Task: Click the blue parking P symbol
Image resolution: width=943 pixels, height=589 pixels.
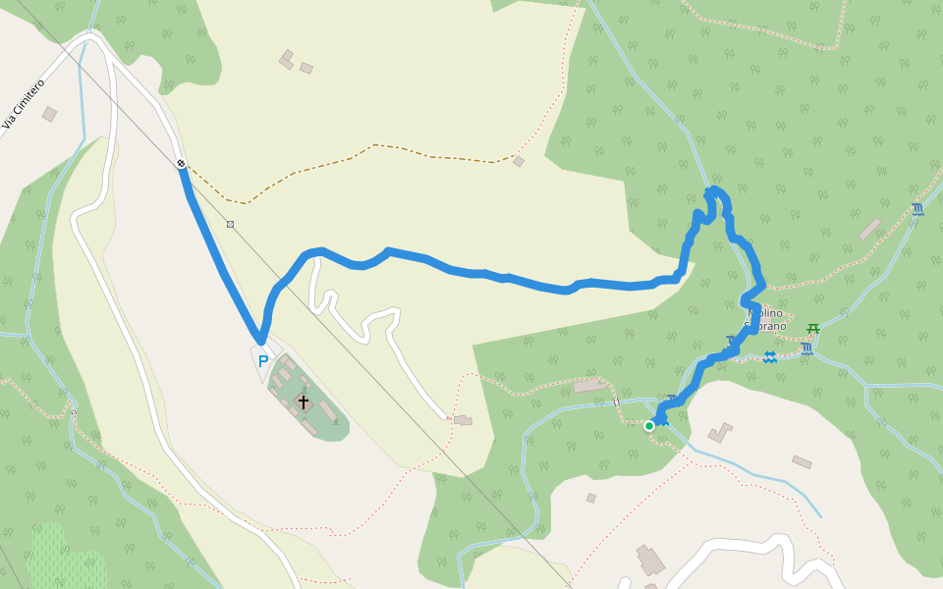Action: (263, 361)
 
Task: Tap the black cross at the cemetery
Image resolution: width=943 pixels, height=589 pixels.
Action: (304, 402)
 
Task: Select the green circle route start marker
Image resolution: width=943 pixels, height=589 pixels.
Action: (649, 426)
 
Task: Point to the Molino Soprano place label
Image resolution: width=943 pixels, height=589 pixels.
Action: (765, 319)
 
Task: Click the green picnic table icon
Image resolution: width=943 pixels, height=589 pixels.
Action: (813, 329)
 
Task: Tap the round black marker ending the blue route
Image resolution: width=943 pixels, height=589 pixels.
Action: (182, 163)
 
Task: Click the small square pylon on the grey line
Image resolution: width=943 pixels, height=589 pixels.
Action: (230, 225)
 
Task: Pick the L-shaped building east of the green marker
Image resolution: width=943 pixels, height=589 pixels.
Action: (720, 432)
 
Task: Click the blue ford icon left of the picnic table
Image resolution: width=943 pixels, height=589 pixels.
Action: (770, 356)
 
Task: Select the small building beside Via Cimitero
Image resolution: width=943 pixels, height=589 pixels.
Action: (49, 114)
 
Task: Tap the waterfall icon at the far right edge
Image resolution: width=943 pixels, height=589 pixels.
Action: (917, 209)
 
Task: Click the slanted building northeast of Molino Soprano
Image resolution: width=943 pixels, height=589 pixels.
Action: (869, 230)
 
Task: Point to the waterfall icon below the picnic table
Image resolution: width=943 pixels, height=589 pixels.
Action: (806, 348)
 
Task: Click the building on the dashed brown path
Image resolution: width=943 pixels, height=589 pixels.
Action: (519, 161)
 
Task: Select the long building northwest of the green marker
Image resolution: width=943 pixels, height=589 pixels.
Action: (590, 386)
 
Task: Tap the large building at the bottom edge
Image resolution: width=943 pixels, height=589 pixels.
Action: (650, 561)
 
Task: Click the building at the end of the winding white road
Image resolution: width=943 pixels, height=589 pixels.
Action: (463, 420)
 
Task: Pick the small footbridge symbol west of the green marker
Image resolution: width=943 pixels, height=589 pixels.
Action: (617, 402)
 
